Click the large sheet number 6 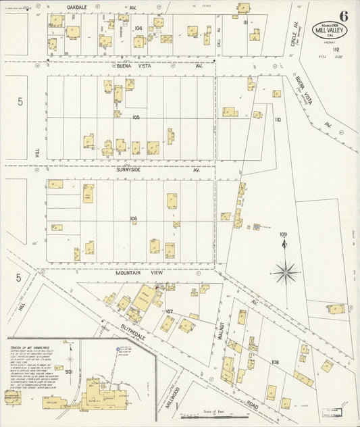[344, 16]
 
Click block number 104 [138, 28]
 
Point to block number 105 [136, 118]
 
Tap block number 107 [169, 311]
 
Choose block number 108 [275, 362]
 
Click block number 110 [277, 120]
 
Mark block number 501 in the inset [69, 371]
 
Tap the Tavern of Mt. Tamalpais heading [34, 347]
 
